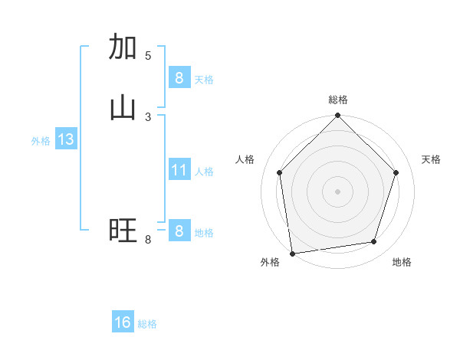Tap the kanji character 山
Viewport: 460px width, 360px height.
[x=123, y=108]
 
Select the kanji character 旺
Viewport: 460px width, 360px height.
[x=123, y=231]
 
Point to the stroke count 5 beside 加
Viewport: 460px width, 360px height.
[x=148, y=56]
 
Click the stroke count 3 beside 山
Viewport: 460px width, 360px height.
[x=148, y=117]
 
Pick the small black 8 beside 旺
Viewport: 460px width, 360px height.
[x=148, y=240]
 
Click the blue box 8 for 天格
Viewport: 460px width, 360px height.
[x=179, y=77]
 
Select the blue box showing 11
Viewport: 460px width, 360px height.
[x=179, y=170]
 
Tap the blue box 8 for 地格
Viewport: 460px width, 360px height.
[x=179, y=231]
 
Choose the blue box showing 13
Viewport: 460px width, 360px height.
[x=65, y=139]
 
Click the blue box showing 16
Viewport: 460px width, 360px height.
[x=123, y=322]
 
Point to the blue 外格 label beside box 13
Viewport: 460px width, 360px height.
[x=41, y=141]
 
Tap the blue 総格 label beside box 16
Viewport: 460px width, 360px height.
[x=147, y=324]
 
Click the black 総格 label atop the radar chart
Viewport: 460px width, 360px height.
[x=337, y=100]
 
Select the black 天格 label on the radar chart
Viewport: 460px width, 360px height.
[x=431, y=159]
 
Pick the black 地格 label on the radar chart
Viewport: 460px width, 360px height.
[x=402, y=262]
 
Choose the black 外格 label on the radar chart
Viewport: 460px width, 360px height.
[x=270, y=262]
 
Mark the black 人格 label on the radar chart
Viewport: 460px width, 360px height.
[x=245, y=159]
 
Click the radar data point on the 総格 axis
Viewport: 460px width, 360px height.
[x=337, y=117]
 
